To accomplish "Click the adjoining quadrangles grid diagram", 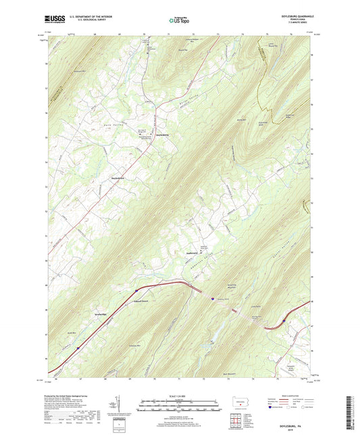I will tap(240, 419).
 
